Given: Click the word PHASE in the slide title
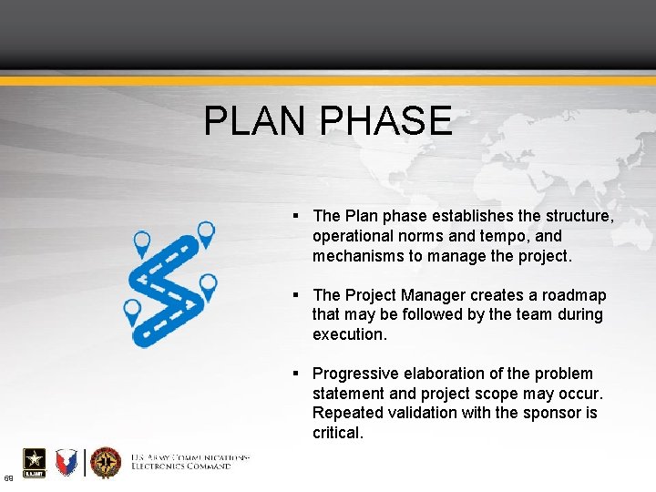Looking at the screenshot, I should point(386,121).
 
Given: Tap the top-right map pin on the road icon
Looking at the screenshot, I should point(207,232).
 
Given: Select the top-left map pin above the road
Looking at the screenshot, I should point(142,242).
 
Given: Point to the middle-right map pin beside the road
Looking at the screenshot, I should point(209,284).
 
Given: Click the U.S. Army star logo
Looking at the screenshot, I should point(32,463).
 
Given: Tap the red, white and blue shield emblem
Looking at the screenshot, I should point(67,463).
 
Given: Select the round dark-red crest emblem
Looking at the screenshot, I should point(106,463).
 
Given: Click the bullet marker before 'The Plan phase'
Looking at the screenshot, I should point(297,217).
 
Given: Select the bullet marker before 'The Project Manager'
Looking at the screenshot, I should point(297,295).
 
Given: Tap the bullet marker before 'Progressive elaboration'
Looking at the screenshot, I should point(297,374).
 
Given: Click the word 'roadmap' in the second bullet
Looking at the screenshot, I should point(574,295).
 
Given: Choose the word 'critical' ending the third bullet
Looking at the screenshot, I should point(336,433).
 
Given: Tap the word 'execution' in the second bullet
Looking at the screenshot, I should point(348,334).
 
